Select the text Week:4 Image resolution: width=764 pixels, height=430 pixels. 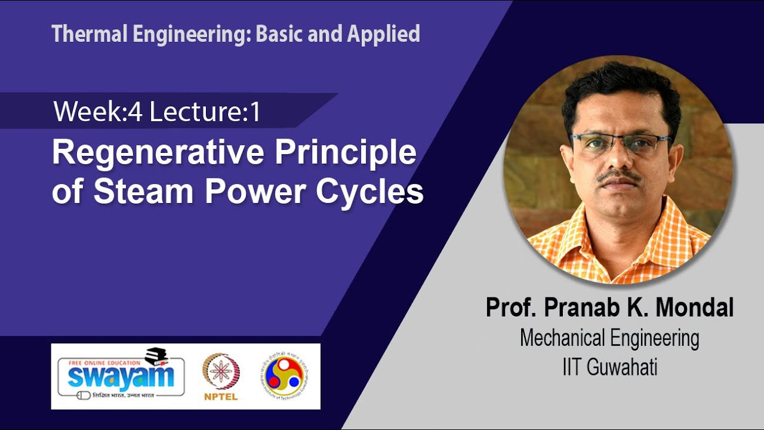pos(98,112)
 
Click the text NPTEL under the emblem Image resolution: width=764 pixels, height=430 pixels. pos(221,397)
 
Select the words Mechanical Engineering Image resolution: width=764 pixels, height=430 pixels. pos(609,338)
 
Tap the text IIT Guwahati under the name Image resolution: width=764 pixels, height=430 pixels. pos(609,367)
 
